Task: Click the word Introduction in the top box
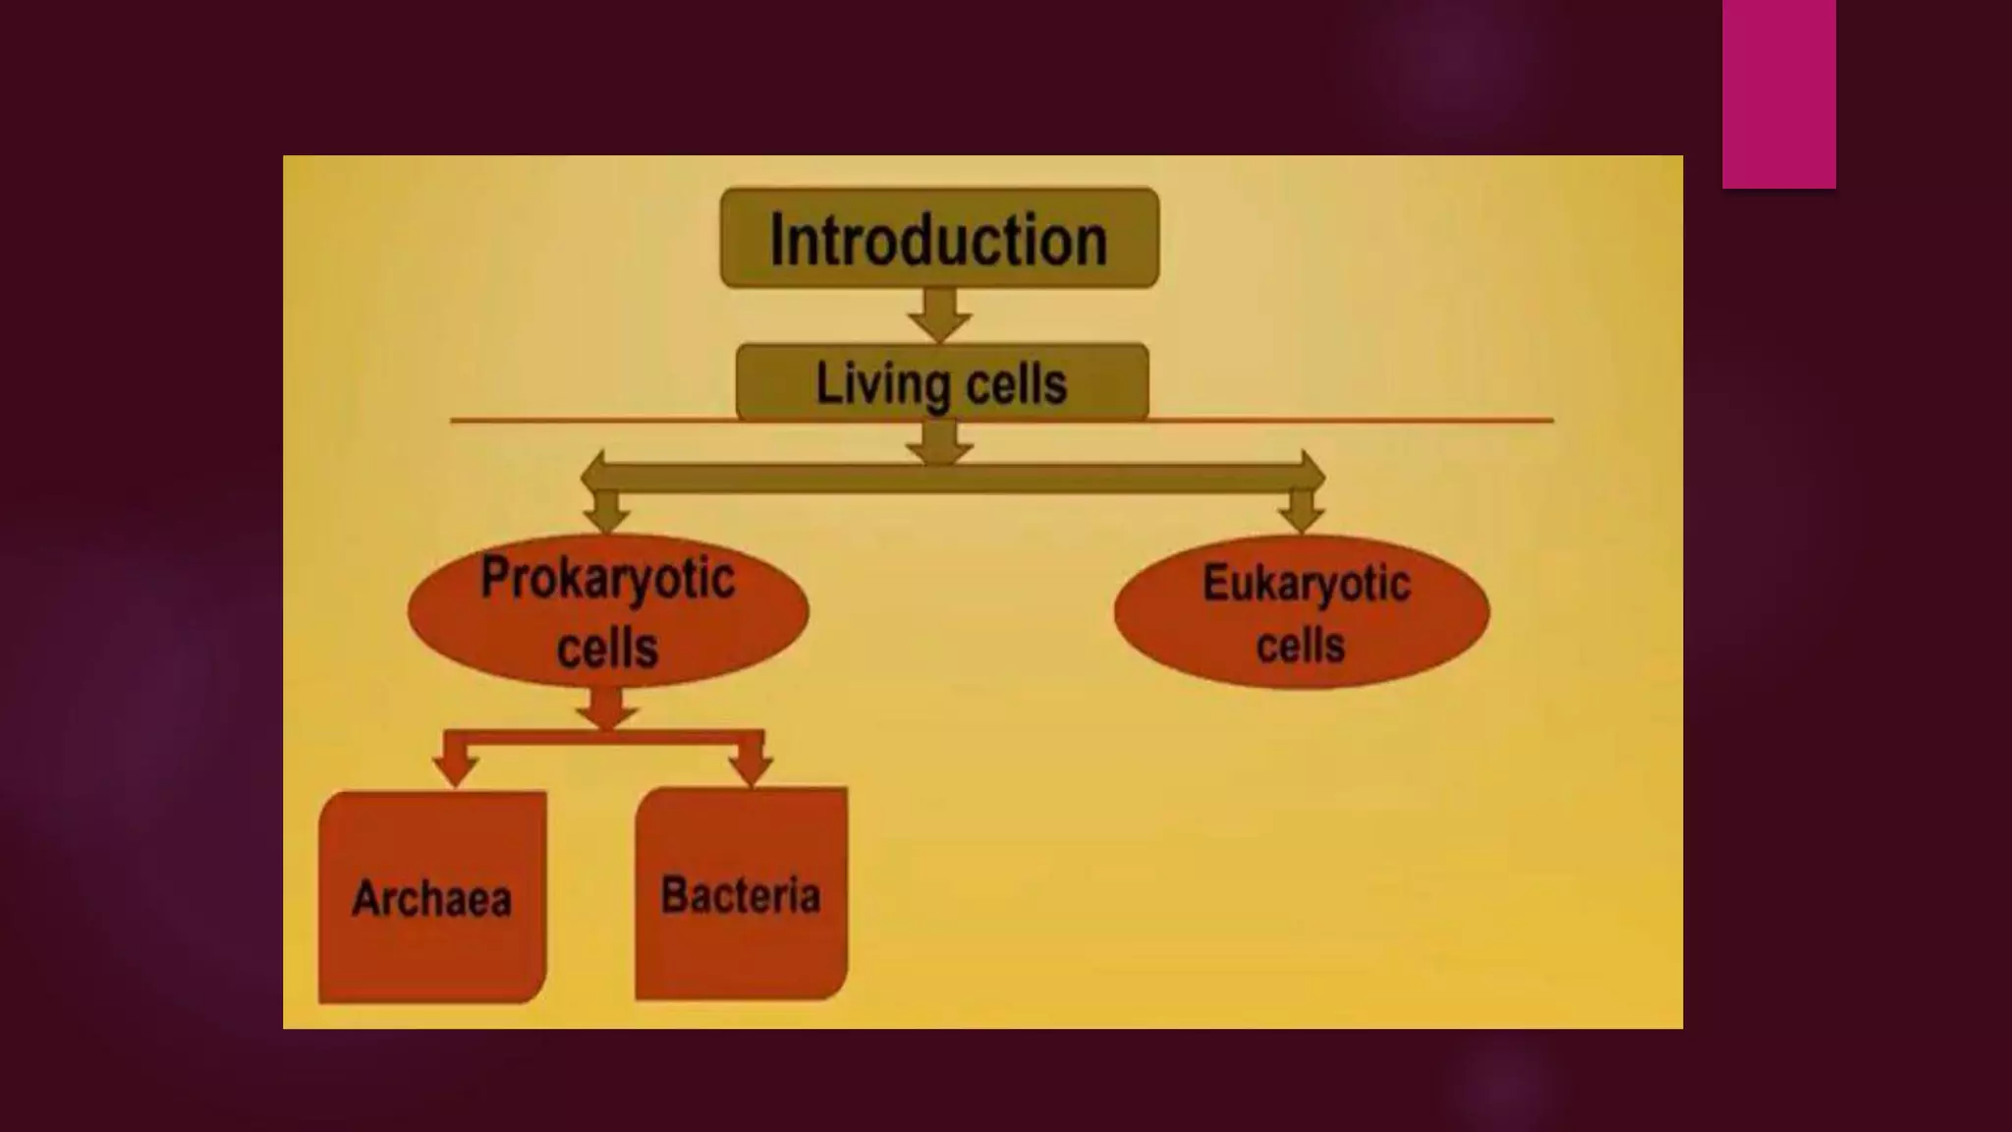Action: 938,240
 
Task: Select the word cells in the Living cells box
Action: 1016,384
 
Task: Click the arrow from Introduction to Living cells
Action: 939,315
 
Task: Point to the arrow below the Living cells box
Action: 939,442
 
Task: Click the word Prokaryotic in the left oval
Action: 607,578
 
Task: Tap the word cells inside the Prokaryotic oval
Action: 607,648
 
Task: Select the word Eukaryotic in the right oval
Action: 1306,584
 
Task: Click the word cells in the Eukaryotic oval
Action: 1300,646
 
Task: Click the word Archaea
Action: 432,898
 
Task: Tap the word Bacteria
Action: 741,895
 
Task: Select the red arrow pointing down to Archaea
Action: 456,764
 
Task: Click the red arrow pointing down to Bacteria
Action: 752,764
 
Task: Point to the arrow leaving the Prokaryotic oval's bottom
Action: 606,707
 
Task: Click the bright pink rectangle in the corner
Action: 1778,93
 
